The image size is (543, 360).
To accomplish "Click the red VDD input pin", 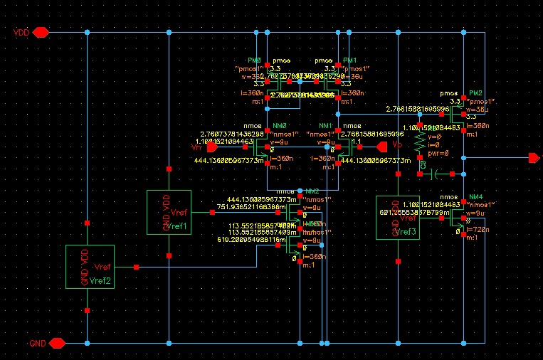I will coord(40,32).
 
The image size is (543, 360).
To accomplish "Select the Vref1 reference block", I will coord(169,212).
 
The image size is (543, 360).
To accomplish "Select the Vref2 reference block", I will coord(88,267).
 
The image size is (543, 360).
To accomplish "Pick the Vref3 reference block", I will coord(397,218).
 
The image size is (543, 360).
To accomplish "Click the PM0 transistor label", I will coord(255,60).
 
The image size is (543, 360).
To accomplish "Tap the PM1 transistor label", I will coord(350,60).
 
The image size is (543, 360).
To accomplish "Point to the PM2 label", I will coord(475,93).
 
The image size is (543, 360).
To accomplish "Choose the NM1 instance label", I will coord(327,126).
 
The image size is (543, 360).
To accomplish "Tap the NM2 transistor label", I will coord(312,191).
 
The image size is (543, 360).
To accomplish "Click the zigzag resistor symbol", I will coord(421,139).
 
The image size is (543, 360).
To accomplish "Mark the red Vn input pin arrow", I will coord(211,147).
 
